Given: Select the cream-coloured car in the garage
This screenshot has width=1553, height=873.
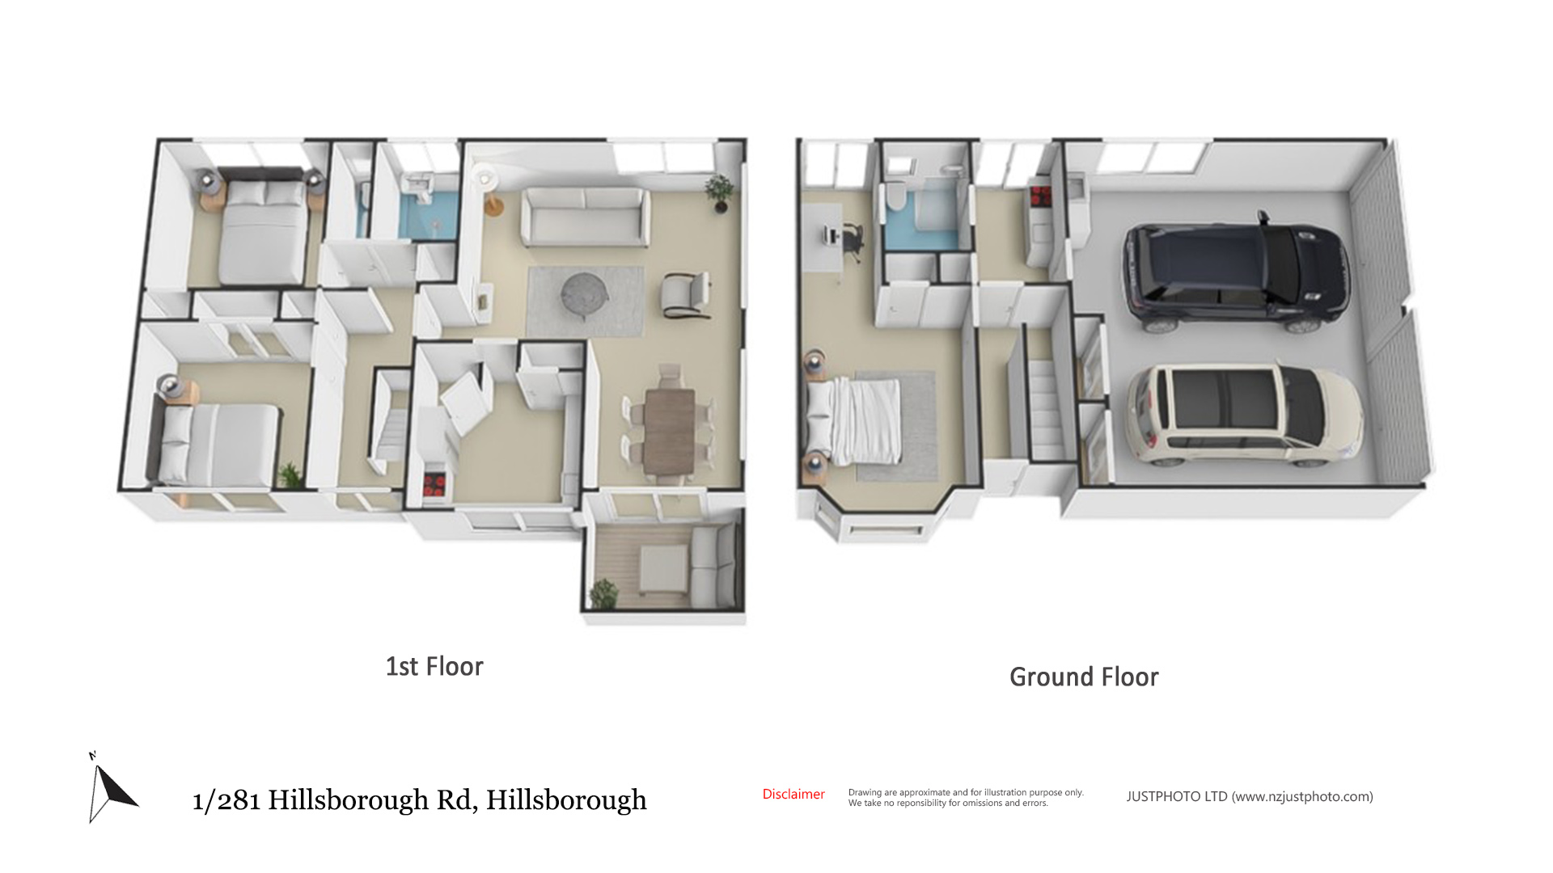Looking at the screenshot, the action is coord(1244,416).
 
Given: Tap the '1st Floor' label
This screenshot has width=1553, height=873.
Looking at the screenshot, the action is coord(434,666).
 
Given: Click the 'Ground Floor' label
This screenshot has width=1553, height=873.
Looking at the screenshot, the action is coord(1084,677).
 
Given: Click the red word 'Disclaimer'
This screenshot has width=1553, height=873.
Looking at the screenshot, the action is coord(793,795).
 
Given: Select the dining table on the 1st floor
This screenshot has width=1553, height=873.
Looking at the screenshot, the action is coord(669,432).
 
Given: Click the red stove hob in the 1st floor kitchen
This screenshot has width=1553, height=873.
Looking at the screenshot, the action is coord(434,485).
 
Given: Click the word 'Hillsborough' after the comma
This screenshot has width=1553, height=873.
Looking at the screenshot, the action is coord(566,800).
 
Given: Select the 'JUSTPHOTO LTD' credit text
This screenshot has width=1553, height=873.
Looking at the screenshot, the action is coord(1177,797).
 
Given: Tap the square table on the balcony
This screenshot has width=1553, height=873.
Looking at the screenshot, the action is coord(664,567).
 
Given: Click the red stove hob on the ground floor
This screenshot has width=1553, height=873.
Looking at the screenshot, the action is coord(1039,196).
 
